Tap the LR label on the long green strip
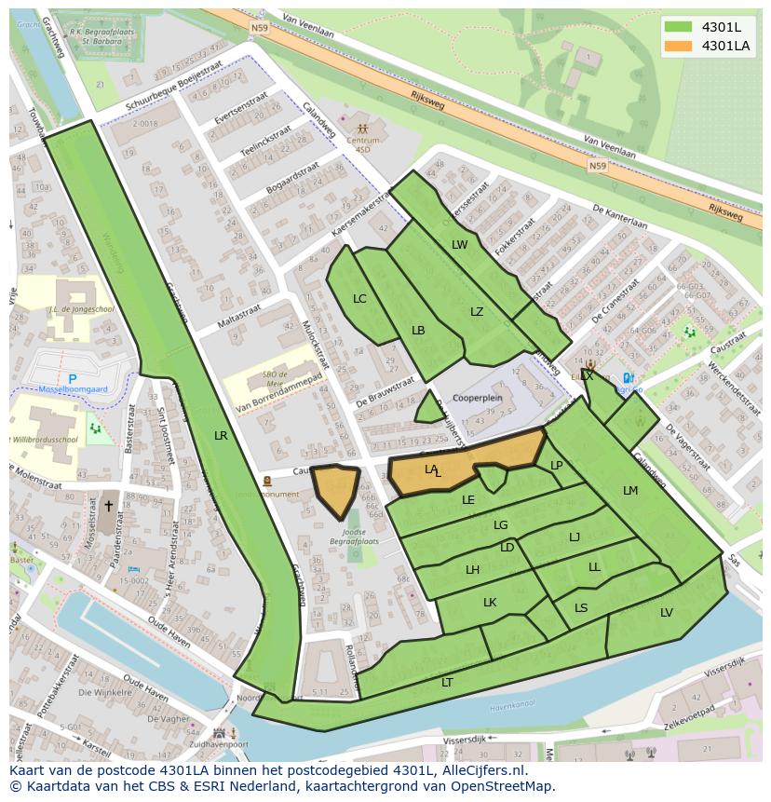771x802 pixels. coord(221,435)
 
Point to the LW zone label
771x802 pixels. coord(459,245)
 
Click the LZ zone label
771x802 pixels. coord(477,312)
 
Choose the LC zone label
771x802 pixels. coord(359,299)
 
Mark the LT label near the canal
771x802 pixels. coord(447,683)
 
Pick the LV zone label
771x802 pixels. coord(666,613)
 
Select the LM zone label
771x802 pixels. coord(630,491)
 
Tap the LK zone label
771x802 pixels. coord(490,603)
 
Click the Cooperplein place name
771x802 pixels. coord(477,398)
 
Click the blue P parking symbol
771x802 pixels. coord(72,380)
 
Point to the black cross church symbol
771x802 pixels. coord(108,507)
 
